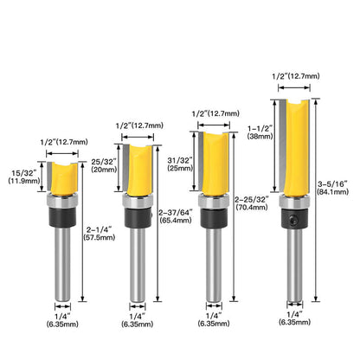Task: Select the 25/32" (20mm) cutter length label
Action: tap(102, 164)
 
